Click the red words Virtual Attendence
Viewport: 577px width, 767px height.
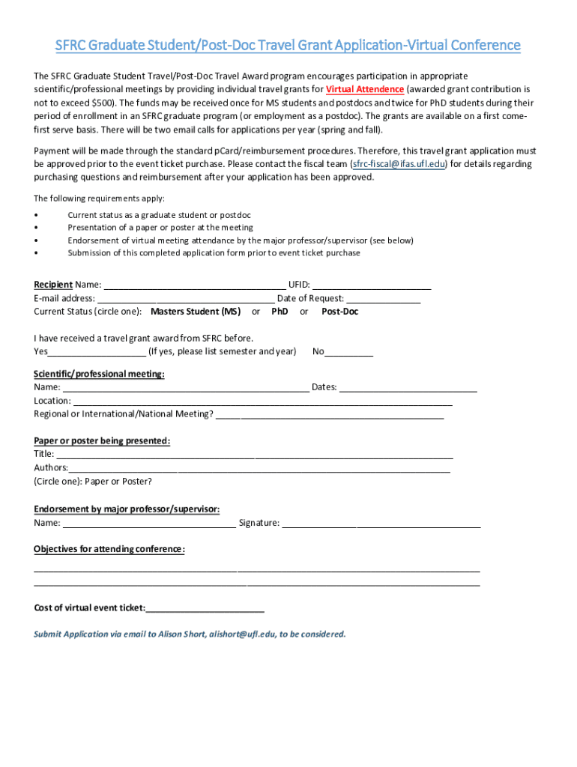[x=365, y=89]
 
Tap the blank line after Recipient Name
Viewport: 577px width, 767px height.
[x=194, y=285]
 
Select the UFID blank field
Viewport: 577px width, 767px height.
[x=372, y=285]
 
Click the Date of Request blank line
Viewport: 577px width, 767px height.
[x=383, y=299]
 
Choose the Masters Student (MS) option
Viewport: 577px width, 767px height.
[x=196, y=312]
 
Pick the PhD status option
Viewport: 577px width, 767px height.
[x=280, y=312]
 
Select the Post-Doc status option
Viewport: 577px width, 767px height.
[x=339, y=312]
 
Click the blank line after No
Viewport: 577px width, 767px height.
[x=348, y=352]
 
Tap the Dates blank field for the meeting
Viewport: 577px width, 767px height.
[x=408, y=388]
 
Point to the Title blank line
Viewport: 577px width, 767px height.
[x=255, y=455]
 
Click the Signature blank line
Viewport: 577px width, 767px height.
[x=381, y=524]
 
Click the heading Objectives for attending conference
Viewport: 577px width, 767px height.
[x=109, y=550]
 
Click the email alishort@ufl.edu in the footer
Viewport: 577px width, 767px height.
[x=243, y=634]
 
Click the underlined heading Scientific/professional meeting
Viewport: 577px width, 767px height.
[x=99, y=375]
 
